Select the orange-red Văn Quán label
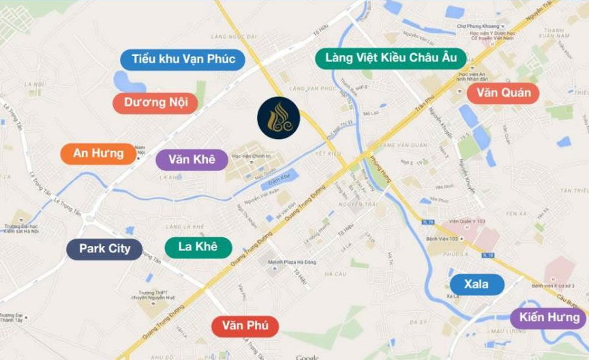[x=503, y=93]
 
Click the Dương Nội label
[x=155, y=103]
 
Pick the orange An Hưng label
[x=98, y=153]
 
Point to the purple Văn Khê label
[x=192, y=160]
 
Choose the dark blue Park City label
[x=104, y=249]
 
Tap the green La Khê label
[x=198, y=247]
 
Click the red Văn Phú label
[x=245, y=327]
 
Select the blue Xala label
[x=477, y=284]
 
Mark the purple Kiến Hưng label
[x=549, y=318]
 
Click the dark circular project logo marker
[x=278, y=118]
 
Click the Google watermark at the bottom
[x=307, y=357]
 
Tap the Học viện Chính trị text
[x=249, y=156]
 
